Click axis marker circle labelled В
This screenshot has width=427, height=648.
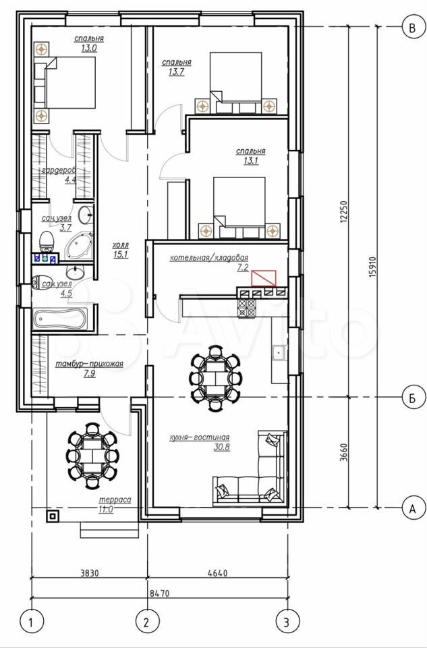pos(411,28)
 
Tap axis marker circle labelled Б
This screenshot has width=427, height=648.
pos(411,398)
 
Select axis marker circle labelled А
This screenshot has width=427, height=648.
pos(411,508)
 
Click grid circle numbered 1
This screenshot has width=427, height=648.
pos(32,621)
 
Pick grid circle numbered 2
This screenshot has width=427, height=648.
pos(148,621)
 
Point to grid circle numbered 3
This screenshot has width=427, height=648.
pos(288,621)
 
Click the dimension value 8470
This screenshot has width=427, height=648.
pos(159,593)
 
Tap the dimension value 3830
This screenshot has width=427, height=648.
pos(90,573)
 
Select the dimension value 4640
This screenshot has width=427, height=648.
pos(218,573)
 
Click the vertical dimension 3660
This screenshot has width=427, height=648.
pos(345,454)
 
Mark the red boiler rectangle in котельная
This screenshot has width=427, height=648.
pos(264,278)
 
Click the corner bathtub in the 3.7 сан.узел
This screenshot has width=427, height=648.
pos(80,246)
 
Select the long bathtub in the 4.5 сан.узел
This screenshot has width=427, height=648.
pos(61,320)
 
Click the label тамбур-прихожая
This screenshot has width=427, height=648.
pos(89,364)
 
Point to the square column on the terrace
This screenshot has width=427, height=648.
pos(53,516)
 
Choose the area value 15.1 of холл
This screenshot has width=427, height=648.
pos(120,254)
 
